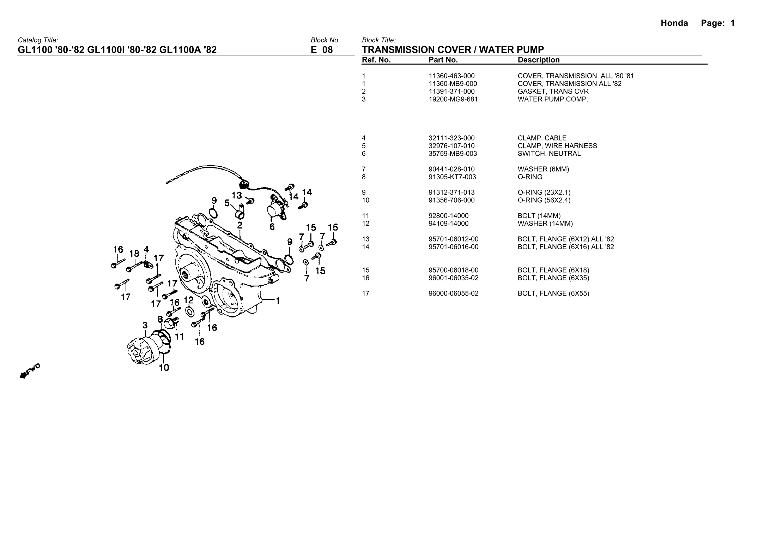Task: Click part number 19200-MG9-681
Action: [453, 99]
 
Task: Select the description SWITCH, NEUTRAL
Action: [549, 154]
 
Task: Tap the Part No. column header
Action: [443, 60]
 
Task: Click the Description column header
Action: [538, 60]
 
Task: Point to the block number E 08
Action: [321, 50]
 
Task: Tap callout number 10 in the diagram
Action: [164, 368]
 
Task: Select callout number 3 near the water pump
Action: [145, 325]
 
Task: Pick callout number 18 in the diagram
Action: [134, 254]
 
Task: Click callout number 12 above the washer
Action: [189, 300]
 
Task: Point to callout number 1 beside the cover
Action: [278, 301]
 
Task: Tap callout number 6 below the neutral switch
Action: [272, 227]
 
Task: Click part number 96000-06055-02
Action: [453, 293]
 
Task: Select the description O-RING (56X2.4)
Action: [544, 200]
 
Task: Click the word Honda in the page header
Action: [674, 23]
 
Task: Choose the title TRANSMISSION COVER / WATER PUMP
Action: [453, 50]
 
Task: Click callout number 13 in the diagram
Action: [236, 195]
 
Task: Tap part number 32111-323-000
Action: [451, 138]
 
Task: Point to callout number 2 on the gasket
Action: [240, 225]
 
